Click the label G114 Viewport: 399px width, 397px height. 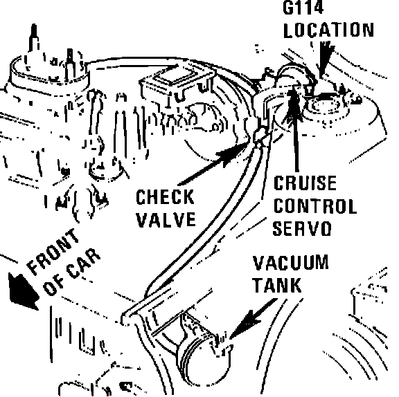[x=303, y=8]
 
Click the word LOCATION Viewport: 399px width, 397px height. [x=328, y=30]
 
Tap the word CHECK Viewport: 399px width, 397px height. [x=165, y=197]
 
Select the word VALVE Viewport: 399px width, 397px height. [x=166, y=219]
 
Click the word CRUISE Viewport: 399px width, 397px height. [x=305, y=183]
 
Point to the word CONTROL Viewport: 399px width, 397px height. [x=315, y=205]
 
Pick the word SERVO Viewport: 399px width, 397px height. [x=302, y=228]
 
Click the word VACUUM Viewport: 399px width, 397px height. [x=291, y=263]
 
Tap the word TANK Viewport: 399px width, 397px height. [x=277, y=285]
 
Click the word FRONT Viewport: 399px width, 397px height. [x=53, y=252]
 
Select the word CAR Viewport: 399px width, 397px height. [x=83, y=264]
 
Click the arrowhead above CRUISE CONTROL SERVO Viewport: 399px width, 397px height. [x=293, y=102]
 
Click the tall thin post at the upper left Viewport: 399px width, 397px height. [x=34, y=41]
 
